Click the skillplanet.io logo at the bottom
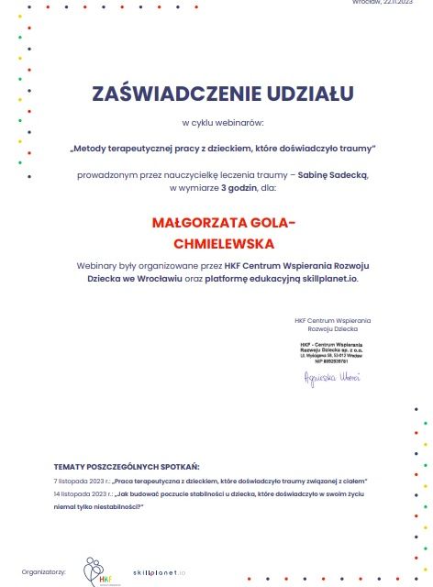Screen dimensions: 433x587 pyautogui.click(x=160, y=570)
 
